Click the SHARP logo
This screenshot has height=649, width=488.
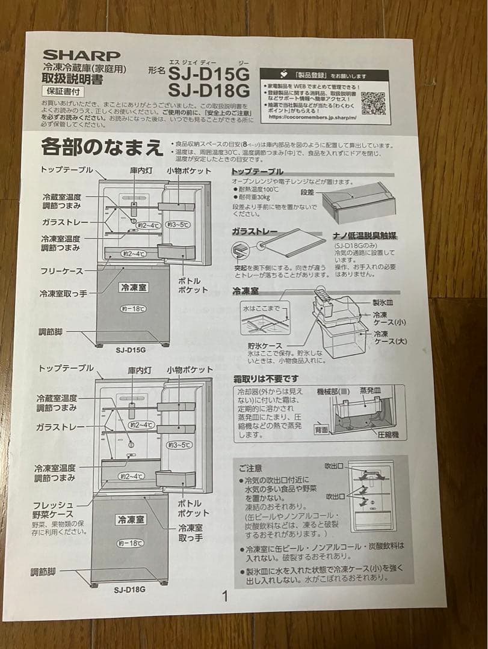pyautogui.click(x=81, y=56)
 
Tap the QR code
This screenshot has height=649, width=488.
pyautogui.click(x=373, y=103)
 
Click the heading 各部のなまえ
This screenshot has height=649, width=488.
pyautogui.click(x=102, y=147)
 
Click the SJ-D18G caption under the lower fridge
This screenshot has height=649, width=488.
pyautogui.click(x=129, y=590)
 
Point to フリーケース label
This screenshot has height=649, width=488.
pyautogui.click(x=61, y=272)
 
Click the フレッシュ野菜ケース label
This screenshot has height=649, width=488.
pyautogui.click(x=54, y=509)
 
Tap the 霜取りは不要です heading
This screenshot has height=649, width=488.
pyautogui.click(x=265, y=379)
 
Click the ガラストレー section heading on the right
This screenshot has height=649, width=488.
pyautogui.click(x=255, y=231)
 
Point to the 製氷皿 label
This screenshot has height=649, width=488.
pyautogui.click(x=383, y=303)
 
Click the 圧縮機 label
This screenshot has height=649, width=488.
pyautogui.click(x=388, y=434)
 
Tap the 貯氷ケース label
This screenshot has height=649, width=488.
pyautogui.click(x=264, y=346)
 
